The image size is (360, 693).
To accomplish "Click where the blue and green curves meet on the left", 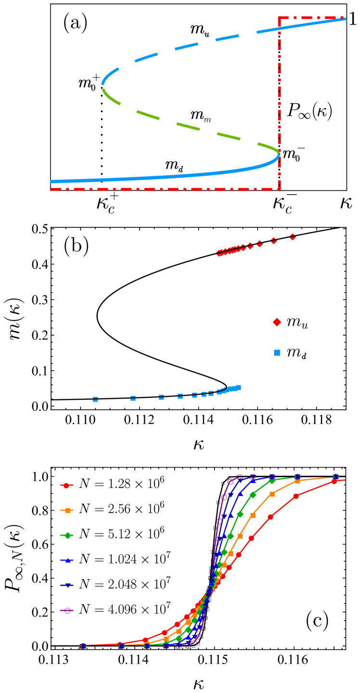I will [x=102, y=87].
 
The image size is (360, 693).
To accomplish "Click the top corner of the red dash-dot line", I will [x=279, y=18].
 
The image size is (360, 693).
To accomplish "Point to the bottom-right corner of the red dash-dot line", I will [x=279, y=189].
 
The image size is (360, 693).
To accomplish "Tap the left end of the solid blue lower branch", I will [x=51, y=182].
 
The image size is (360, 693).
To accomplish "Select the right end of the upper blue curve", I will [x=345, y=19].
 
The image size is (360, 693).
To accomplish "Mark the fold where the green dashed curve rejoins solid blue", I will [x=279, y=153].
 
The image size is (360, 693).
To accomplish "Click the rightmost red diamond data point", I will [x=293, y=237].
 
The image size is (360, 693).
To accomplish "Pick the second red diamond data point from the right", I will [x=274, y=240].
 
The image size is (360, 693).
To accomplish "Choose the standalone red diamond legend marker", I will [x=277, y=322].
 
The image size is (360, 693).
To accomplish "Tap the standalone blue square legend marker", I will [x=277, y=353].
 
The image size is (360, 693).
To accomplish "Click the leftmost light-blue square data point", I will [x=95, y=399].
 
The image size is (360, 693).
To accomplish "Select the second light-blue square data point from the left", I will [x=133, y=398].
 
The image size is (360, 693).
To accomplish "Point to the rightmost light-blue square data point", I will [x=238, y=388].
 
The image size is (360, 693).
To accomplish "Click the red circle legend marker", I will [x=66, y=485].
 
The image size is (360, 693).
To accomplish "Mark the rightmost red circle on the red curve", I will [x=334, y=481].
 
